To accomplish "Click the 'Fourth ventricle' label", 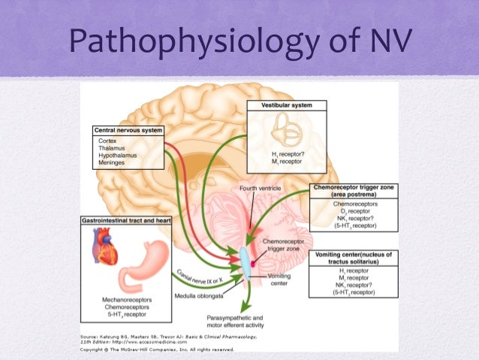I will click(x=261, y=187).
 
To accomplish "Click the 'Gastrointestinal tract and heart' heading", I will click(x=127, y=221).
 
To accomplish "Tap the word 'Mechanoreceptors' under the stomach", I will click(x=128, y=298).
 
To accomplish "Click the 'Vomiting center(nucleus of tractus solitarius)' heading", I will click(x=354, y=258).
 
